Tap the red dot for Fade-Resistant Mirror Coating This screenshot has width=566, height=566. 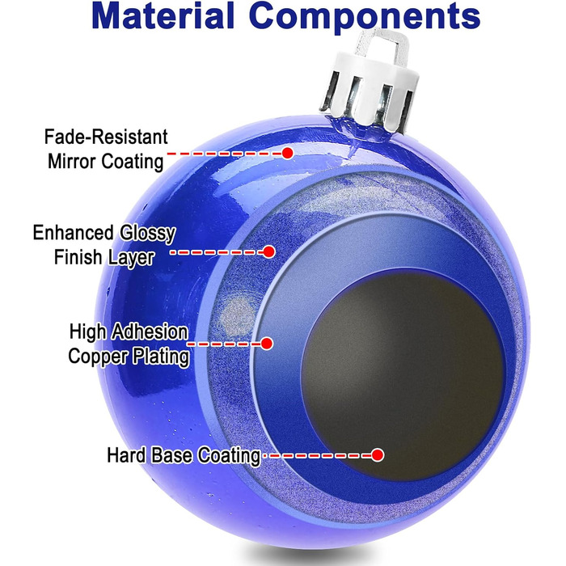point(287,152)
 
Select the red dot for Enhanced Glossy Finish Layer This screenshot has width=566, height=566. point(269,252)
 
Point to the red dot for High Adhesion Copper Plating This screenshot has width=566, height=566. point(267,344)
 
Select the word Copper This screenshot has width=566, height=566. point(102,356)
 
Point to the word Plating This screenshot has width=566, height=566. point(163,356)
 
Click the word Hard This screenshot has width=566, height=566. point(124,455)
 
